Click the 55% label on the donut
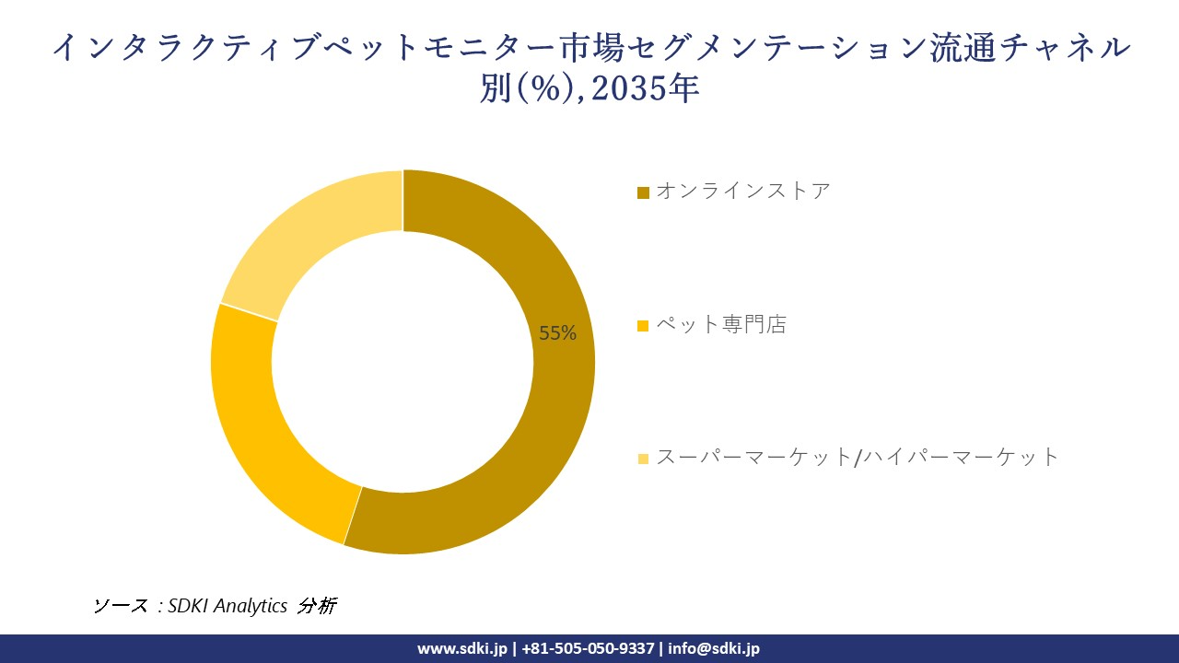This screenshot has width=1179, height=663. pyautogui.click(x=557, y=333)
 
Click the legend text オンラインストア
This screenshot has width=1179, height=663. pyautogui.click(x=743, y=192)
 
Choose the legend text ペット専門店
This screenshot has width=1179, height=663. pyautogui.click(x=721, y=325)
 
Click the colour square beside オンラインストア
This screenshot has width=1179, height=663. pyautogui.click(x=644, y=192)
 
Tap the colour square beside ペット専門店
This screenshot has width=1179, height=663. pyautogui.click(x=644, y=326)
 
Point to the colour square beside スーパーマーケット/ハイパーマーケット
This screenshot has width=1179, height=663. pyautogui.click(x=644, y=458)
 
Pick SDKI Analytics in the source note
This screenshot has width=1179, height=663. pyautogui.click(x=228, y=606)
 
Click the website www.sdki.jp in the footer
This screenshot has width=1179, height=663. pyautogui.click(x=462, y=648)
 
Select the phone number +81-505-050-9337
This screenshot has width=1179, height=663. pyautogui.click(x=589, y=648)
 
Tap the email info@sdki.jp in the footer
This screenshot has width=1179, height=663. pyautogui.click(x=714, y=648)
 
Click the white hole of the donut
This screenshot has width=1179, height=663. pyautogui.click(x=403, y=362)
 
